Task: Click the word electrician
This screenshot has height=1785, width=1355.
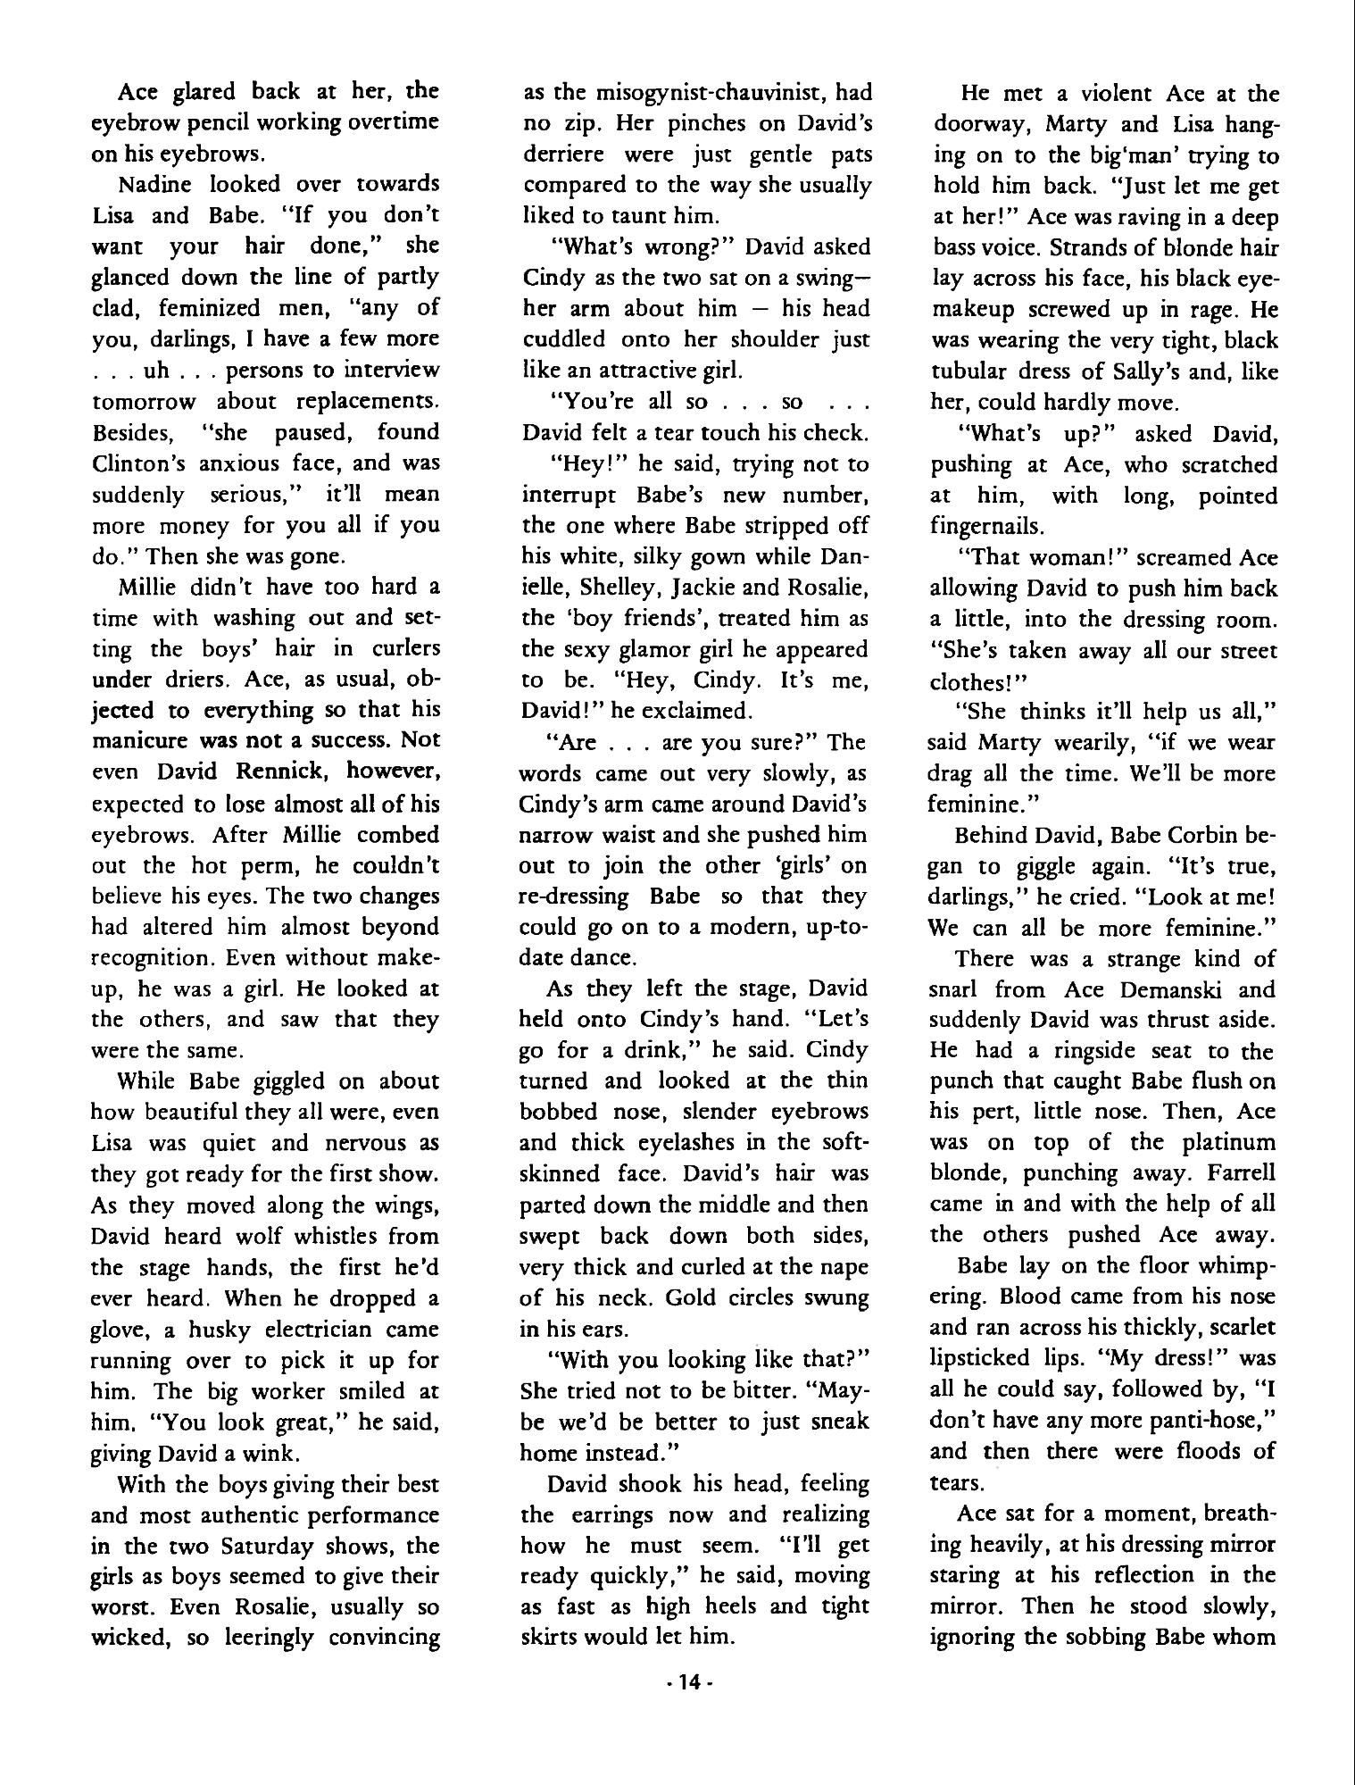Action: point(313,1330)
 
